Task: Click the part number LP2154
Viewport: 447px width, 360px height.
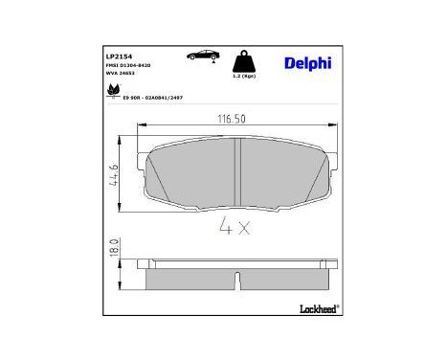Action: coord(118,56)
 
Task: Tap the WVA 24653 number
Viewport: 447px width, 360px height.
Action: coord(120,75)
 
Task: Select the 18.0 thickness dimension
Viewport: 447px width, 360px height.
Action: coord(113,250)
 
